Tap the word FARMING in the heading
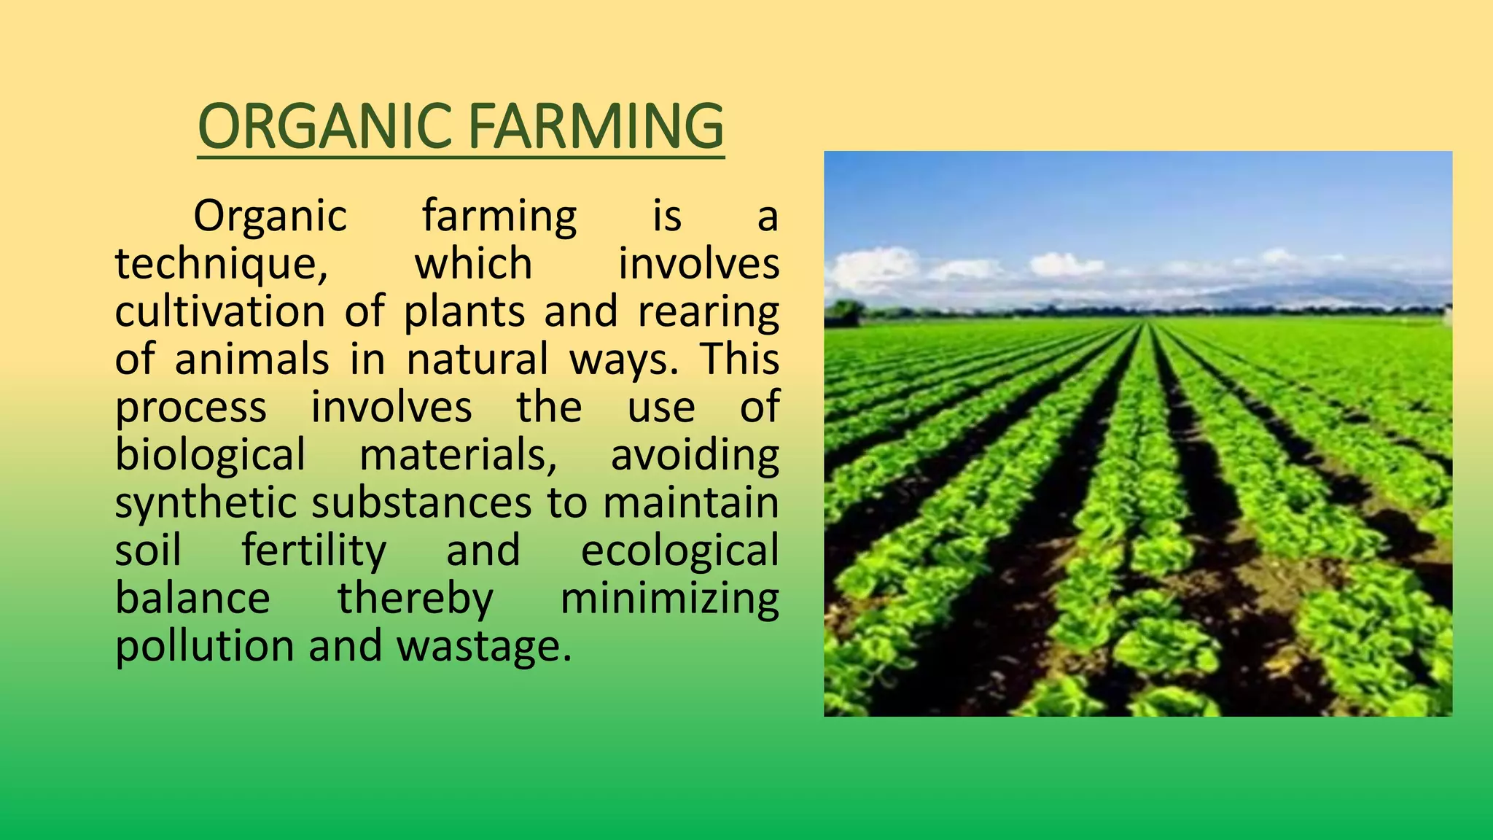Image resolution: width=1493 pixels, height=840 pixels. [596, 126]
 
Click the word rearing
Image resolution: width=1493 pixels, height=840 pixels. [708, 311]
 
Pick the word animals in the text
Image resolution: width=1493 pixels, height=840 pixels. [252, 359]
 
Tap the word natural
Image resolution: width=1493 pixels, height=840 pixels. [477, 359]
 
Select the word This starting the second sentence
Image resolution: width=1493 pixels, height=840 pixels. [740, 359]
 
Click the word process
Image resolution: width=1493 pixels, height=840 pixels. [191, 407]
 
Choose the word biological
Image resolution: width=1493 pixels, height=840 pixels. [210, 455]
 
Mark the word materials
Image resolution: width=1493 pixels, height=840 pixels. [456, 455]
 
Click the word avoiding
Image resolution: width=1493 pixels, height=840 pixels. [695, 455]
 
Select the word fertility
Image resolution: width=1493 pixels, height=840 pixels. [313, 551]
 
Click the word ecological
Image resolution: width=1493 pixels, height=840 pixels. [679, 551]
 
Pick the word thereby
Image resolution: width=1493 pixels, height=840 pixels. [415, 599]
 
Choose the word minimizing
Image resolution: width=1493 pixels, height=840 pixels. [669, 599]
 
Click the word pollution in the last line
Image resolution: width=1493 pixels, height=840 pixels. [205, 646]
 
